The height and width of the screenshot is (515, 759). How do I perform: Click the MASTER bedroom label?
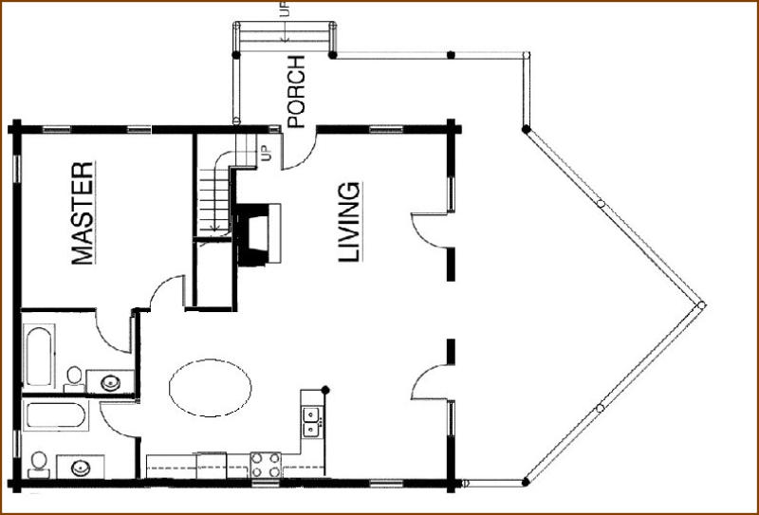[83, 213]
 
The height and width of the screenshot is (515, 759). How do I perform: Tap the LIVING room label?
[349, 222]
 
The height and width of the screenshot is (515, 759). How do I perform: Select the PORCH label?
[296, 92]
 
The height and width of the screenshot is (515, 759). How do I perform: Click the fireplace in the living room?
[258, 234]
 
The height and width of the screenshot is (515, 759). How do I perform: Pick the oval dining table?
[210, 388]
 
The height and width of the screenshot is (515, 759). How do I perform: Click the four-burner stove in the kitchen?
[266, 465]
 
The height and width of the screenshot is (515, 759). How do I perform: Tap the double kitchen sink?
[311, 422]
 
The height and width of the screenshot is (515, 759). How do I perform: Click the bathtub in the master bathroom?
[39, 356]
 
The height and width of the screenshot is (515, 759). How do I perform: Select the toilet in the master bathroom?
[74, 379]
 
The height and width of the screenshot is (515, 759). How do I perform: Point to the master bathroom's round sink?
[110, 383]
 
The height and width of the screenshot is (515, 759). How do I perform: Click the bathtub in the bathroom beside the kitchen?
[56, 414]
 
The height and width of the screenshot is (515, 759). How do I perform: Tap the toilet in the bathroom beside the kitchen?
[39, 465]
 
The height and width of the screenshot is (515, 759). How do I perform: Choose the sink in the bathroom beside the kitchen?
[81, 468]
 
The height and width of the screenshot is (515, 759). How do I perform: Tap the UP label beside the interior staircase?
[267, 154]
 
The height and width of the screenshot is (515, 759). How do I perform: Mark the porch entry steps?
[284, 36]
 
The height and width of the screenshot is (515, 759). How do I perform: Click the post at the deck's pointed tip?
[701, 305]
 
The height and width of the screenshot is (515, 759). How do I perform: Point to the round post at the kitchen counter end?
[325, 390]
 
